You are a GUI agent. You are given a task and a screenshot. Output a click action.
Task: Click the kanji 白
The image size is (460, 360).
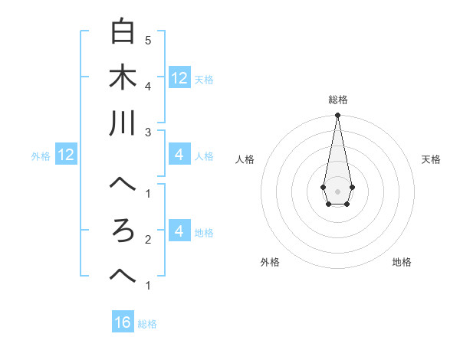[123, 32]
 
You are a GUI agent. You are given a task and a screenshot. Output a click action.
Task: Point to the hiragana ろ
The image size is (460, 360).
[123, 231]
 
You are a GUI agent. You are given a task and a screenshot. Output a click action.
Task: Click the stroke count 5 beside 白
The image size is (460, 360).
[147, 40]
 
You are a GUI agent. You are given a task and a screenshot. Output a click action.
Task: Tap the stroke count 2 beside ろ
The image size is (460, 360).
[147, 240]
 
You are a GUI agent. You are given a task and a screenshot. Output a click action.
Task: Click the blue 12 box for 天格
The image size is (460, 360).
[179, 77]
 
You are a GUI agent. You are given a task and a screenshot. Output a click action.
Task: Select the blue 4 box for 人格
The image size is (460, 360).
[179, 155]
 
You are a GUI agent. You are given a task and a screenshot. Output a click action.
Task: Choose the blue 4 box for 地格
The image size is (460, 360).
[179, 231]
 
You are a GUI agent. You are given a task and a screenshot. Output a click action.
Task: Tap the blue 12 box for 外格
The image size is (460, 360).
[65, 155]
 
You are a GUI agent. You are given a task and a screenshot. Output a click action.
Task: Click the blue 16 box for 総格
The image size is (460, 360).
[123, 322]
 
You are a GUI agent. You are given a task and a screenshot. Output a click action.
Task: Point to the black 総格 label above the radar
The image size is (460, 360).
[337, 100]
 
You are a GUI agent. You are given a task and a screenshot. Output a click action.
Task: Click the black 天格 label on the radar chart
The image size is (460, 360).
[431, 159]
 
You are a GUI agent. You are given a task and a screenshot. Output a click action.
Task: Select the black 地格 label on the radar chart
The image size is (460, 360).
[402, 262]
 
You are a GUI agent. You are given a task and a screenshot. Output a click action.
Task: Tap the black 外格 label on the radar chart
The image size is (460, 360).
[270, 262]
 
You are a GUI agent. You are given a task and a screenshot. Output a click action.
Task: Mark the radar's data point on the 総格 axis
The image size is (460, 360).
[337, 116]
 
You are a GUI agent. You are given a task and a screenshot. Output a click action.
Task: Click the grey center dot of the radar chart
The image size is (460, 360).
[337, 191]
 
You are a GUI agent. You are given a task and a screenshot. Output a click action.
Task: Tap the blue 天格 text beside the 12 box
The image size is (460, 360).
[204, 79]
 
